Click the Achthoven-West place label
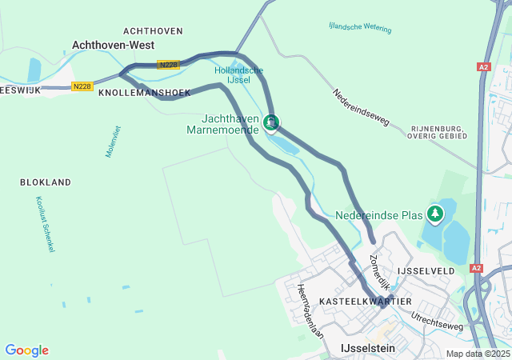point(113,46)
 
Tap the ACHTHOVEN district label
point(154,30)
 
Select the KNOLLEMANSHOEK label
point(144,93)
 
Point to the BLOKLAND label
point(46,182)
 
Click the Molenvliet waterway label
point(111,141)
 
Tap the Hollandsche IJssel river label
point(238,75)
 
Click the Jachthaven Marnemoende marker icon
point(272,122)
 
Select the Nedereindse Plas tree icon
point(435,214)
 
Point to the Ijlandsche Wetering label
point(360,28)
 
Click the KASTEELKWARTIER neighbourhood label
point(365,301)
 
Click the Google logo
point(26,350)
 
